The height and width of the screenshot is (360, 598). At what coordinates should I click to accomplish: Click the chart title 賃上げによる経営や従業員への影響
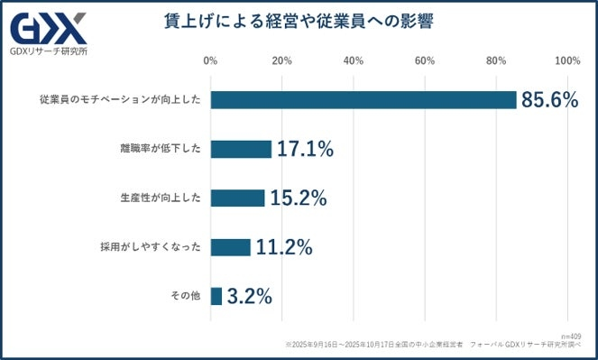pyautogui.click(x=299, y=21)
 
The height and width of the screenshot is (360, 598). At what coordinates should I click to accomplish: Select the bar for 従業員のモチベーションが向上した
pyautogui.click(x=363, y=100)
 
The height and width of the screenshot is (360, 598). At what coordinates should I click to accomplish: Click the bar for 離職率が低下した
pyautogui.click(x=241, y=149)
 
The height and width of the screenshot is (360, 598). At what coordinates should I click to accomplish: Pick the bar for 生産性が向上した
pyautogui.click(x=237, y=198)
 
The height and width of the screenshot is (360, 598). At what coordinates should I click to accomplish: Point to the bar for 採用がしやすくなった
pyautogui.click(x=230, y=246)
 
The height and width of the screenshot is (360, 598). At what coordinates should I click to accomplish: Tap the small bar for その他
pyautogui.click(x=216, y=295)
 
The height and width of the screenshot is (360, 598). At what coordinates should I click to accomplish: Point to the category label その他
pyautogui.click(x=187, y=295)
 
